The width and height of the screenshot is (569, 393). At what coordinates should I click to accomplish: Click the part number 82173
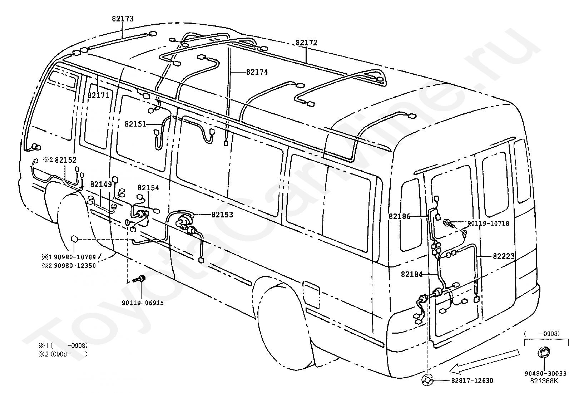click(x=123, y=19)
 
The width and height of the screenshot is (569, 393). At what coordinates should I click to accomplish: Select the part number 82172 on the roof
click(x=307, y=43)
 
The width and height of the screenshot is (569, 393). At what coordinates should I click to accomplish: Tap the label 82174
click(x=257, y=72)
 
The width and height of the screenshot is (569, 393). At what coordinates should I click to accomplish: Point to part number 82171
click(x=98, y=95)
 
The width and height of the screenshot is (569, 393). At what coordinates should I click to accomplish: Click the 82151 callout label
click(x=136, y=124)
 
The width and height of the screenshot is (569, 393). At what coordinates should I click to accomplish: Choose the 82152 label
click(x=65, y=160)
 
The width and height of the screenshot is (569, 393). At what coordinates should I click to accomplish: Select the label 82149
click(x=101, y=184)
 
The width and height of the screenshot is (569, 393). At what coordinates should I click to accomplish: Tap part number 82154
click(x=148, y=188)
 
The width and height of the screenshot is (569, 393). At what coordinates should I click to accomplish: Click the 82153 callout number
click(x=222, y=215)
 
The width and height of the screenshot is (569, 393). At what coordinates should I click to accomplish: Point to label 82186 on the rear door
click(x=400, y=216)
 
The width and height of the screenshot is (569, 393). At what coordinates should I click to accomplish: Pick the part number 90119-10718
click(x=488, y=223)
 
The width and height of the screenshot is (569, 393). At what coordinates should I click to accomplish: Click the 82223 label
click(x=504, y=256)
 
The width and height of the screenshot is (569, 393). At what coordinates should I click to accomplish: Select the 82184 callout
click(x=412, y=274)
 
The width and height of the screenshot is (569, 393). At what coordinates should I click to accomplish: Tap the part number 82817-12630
click(x=472, y=380)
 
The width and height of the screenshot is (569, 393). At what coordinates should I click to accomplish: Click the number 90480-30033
click(x=546, y=374)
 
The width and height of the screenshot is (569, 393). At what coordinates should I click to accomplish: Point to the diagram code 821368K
click(x=544, y=381)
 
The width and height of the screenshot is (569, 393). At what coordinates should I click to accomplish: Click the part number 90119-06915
click(x=143, y=303)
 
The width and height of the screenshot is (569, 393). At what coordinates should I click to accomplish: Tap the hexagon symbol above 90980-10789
click(x=74, y=239)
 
